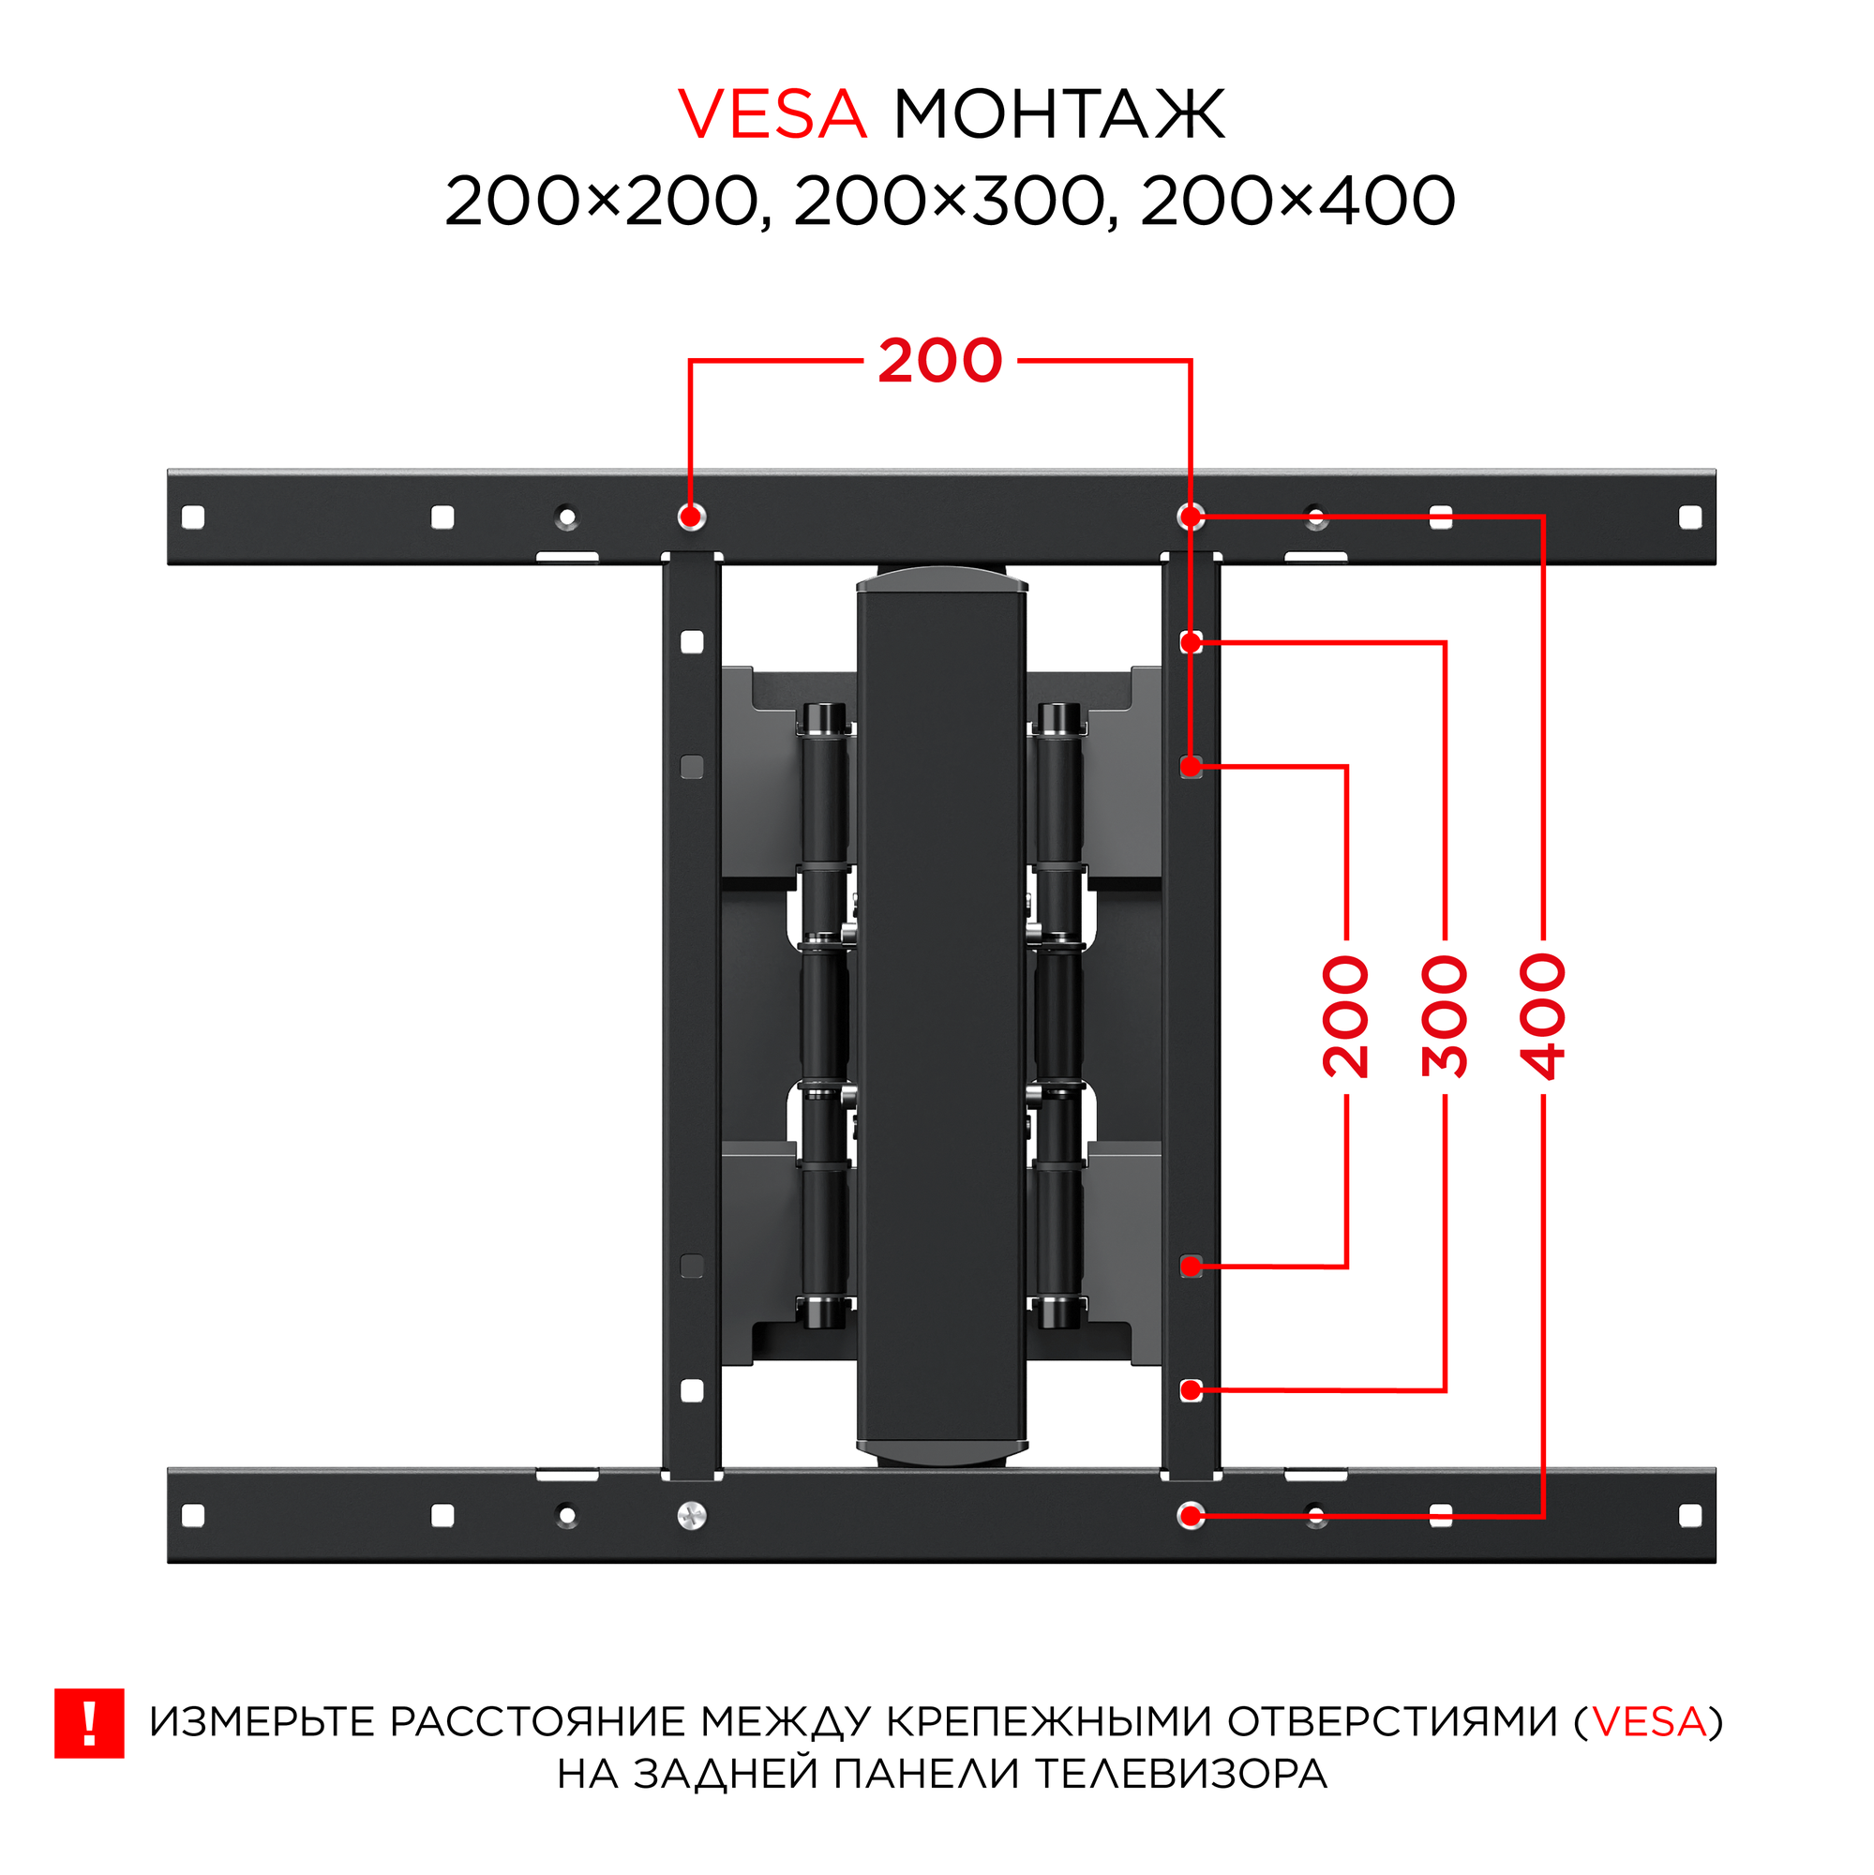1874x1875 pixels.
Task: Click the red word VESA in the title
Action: point(772,114)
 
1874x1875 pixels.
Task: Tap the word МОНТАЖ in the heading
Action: point(1057,114)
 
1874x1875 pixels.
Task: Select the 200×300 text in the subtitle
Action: point(949,202)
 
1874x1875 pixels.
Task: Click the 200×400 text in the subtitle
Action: point(1297,202)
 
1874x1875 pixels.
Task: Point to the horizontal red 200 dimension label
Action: point(939,361)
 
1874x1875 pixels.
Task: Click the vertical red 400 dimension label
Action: point(1543,1016)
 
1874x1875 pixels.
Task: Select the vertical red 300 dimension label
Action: point(1444,1016)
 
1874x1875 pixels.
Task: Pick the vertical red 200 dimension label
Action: point(1345,1016)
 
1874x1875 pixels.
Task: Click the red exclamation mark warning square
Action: point(89,1725)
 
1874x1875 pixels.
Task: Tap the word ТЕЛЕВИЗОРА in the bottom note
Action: point(1181,1774)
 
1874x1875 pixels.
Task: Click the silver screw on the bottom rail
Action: point(692,1516)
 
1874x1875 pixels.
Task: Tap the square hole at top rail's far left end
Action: point(193,517)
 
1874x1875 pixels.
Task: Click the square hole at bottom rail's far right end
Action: point(1689,1516)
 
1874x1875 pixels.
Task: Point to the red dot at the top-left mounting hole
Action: point(691,516)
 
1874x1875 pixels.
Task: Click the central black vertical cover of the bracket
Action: point(940,1019)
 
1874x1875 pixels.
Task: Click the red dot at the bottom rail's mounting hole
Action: point(1191,1516)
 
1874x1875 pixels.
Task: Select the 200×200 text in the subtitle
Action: point(600,202)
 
